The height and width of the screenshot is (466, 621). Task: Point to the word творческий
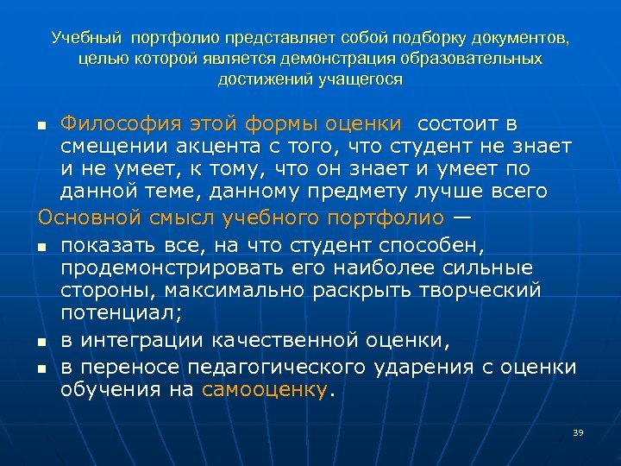click(484, 290)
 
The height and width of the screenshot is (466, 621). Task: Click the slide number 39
click(577, 432)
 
